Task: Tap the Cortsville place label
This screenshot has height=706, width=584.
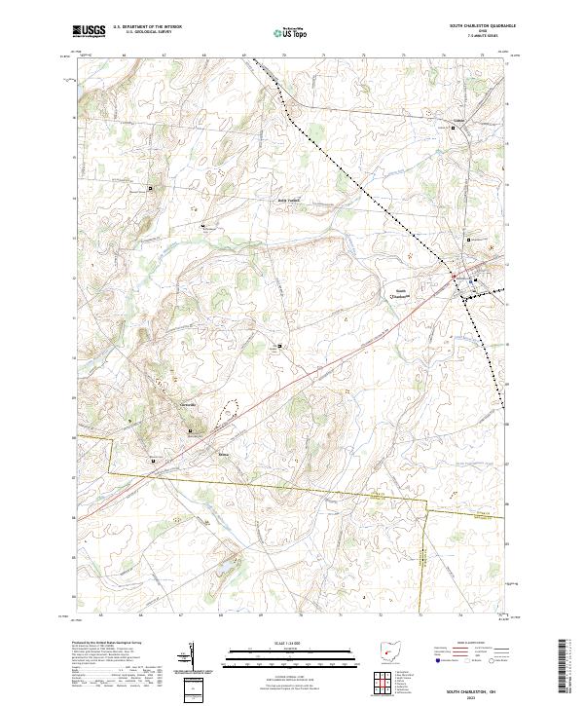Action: click(x=188, y=404)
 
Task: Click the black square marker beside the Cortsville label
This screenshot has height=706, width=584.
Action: click(x=190, y=430)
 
